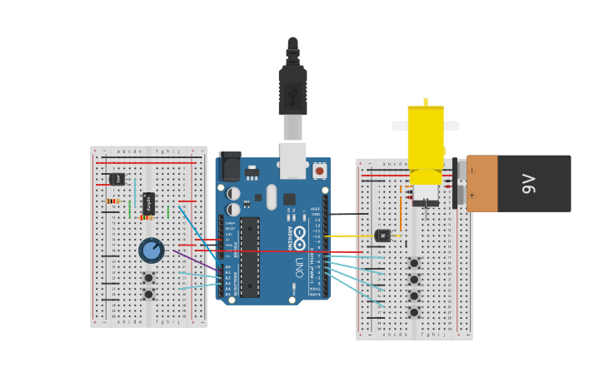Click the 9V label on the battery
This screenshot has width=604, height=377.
point(529,183)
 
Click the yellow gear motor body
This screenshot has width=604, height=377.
point(426,137)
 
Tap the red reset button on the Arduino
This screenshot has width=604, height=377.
point(320,171)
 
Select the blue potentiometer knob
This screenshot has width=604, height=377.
point(151,250)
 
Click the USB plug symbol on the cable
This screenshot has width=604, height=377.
point(292,97)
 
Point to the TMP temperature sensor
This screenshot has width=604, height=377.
point(117,179)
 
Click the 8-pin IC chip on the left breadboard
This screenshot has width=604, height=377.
point(148,202)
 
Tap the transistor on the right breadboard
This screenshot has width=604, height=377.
point(382,236)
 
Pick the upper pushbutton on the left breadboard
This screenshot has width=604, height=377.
point(148,278)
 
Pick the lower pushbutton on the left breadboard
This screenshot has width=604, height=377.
point(148,294)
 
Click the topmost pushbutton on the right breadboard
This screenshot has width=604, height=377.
point(414,263)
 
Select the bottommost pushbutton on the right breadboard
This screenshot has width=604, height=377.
point(414,312)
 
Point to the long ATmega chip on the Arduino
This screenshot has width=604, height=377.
point(250,257)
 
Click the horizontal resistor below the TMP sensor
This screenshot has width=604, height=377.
point(113,201)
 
